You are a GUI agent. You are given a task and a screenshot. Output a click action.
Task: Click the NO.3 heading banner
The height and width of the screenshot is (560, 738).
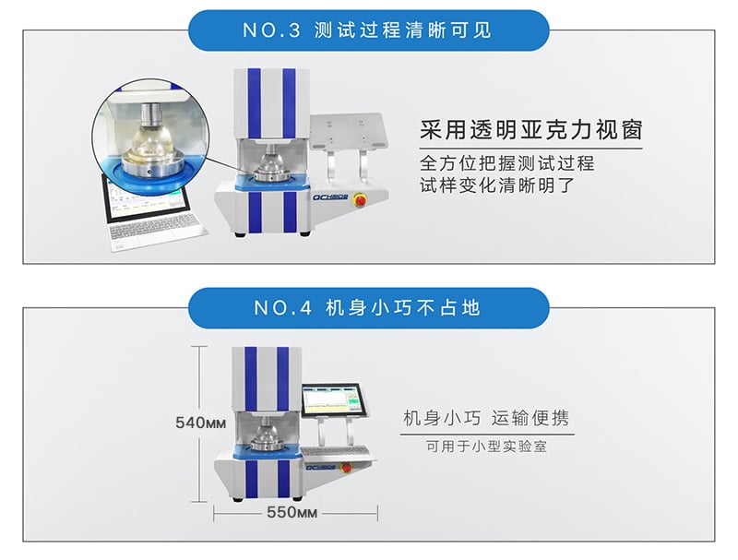(x=368, y=30)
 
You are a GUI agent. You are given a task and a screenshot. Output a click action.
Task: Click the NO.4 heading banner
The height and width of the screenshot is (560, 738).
(x=368, y=308)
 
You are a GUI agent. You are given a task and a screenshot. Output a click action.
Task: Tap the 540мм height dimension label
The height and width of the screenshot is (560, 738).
(x=200, y=423)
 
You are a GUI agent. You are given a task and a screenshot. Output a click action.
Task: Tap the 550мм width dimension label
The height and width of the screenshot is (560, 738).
(x=292, y=512)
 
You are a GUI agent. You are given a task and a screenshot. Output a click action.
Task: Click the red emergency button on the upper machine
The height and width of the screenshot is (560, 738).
(x=361, y=200)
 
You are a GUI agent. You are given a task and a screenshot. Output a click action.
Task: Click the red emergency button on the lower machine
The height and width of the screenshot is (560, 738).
(x=347, y=468)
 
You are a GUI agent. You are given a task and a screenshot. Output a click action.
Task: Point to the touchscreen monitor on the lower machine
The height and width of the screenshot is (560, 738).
(x=335, y=400)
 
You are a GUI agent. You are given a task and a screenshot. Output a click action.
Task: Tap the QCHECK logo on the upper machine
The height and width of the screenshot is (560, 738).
(x=330, y=197)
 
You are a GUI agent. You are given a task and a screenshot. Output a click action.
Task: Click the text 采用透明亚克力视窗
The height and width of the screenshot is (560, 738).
(x=531, y=130)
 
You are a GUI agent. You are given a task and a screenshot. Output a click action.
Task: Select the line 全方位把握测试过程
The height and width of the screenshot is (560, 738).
(x=506, y=163)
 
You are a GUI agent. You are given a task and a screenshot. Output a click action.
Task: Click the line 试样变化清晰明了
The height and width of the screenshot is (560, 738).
(x=497, y=185)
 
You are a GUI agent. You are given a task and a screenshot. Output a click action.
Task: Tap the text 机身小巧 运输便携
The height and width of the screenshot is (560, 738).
(x=486, y=418)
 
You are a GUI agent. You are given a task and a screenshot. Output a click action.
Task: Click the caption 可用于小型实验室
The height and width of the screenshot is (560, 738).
(x=487, y=447)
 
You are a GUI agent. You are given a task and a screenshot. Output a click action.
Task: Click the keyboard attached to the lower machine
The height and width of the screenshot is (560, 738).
(x=337, y=454)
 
